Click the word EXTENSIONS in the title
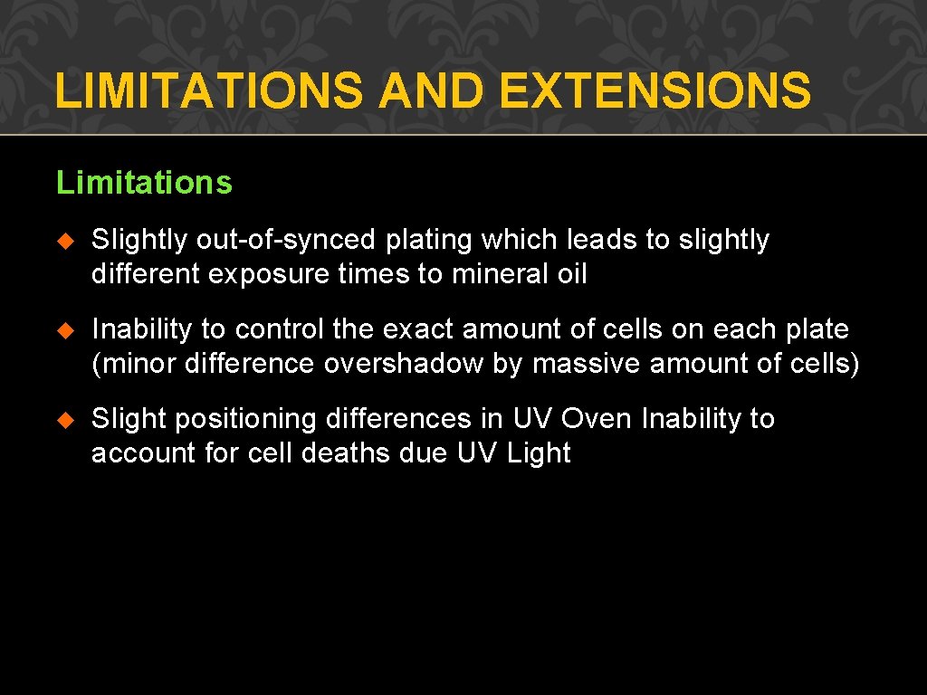point(655,91)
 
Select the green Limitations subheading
point(144,183)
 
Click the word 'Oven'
point(597,419)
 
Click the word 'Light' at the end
point(539,453)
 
